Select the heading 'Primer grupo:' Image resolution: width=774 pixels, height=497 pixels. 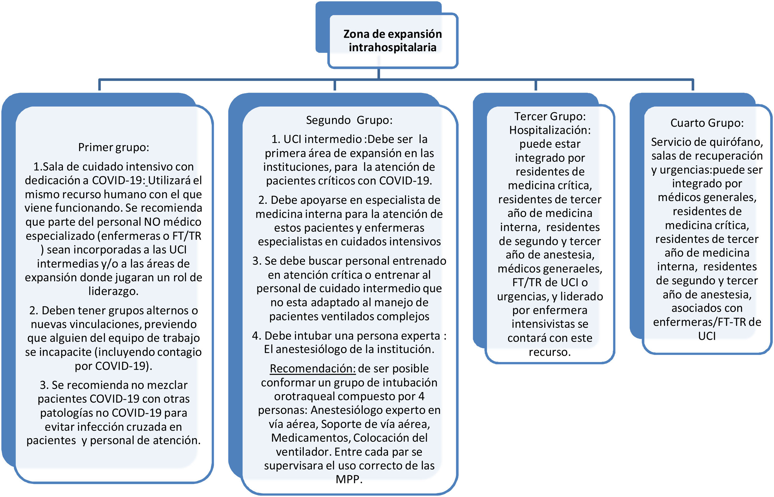(x=114, y=147)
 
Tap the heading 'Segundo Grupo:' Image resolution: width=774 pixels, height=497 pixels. (x=349, y=120)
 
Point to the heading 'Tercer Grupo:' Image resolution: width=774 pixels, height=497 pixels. (x=550, y=116)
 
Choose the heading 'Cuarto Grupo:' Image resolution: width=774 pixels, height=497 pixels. (x=707, y=123)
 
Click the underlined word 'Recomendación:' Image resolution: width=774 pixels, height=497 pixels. (x=312, y=369)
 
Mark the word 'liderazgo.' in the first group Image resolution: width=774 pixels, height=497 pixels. (x=114, y=291)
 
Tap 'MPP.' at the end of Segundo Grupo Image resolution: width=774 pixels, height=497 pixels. (x=349, y=479)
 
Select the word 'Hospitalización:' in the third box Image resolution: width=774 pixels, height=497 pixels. (x=550, y=130)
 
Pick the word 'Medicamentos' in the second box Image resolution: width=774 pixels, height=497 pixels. (x=310, y=438)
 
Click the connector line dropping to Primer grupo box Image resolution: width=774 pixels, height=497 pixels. (x=99, y=85)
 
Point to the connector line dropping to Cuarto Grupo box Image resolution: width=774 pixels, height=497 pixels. (x=693, y=85)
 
